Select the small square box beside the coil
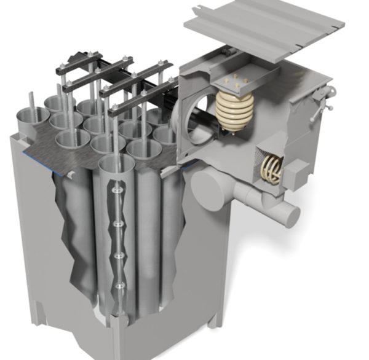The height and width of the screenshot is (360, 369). [296, 169]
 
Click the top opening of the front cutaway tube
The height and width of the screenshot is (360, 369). [116, 163]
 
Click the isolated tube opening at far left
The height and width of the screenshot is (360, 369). [32, 115]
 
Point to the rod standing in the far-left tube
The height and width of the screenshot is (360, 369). [31, 104]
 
